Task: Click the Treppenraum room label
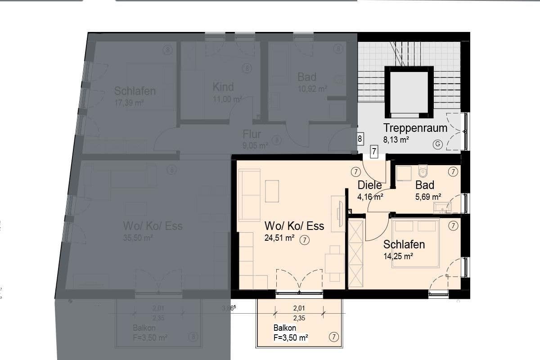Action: (415, 128)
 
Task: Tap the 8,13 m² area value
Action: (396, 140)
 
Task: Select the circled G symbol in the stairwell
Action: (436, 144)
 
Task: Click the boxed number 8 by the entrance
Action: (360, 139)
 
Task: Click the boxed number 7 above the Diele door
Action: (374, 152)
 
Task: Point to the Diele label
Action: (369, 185)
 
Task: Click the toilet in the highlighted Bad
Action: (422, 171)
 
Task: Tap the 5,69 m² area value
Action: (427, 197)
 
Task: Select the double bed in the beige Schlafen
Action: (415, 243)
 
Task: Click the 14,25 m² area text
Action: (398, 256)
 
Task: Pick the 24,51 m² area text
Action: (279, 238)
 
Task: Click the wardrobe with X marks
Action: (355, 252)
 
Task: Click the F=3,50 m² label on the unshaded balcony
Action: (291, 337)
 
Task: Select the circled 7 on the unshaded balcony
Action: (333, 337)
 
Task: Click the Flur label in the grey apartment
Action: (252, 134)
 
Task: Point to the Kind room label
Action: (223, 86)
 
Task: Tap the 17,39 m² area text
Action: (129, 103)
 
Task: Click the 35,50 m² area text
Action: (138, 238)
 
